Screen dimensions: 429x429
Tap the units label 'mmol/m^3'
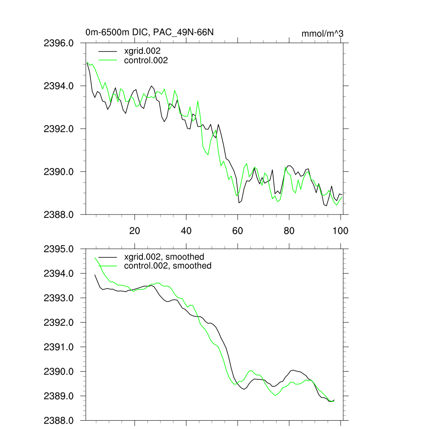(322, 34)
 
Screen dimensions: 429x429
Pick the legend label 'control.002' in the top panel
(146, 60)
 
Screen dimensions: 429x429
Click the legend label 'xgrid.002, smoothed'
(164, 257)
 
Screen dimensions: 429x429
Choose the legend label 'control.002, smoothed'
(168, 266)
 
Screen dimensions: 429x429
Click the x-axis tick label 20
(134, 230)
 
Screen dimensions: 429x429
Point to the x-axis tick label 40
(186, 230)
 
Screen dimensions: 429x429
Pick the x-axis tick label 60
(238, 230)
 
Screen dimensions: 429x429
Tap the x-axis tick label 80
(289, 230)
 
